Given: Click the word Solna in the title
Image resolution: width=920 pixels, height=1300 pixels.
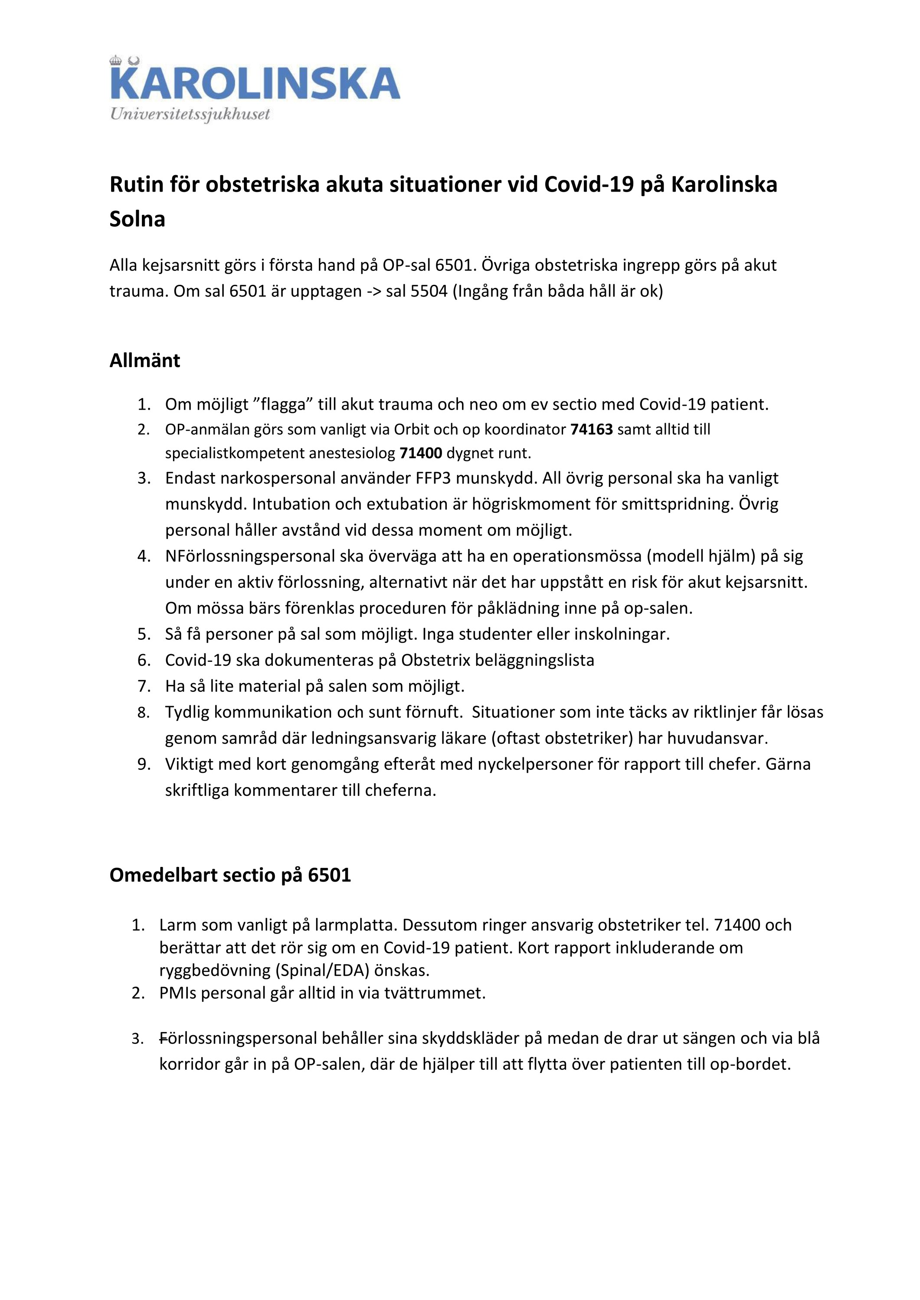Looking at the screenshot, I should (137, 219).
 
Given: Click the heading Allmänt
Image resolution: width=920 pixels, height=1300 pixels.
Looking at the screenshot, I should (144, 360).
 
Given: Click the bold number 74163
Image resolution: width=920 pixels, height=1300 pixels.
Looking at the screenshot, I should (592, 429).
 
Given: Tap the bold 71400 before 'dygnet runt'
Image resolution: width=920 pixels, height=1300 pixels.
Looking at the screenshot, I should (420, 453).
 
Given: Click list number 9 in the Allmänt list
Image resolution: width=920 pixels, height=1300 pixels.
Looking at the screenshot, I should (144, 764).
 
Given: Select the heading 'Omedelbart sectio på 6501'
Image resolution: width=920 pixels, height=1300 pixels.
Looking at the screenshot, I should (230, 875).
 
